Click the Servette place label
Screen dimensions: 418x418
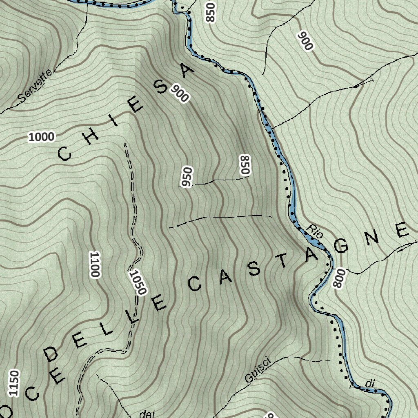click(36, 86)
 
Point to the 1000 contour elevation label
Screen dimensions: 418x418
click(41, 137)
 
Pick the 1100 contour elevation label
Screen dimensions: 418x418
click(94, 265)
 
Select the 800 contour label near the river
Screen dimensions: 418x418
click(338, 279)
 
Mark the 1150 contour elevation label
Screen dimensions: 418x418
click(15, 383)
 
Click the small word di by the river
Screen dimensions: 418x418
click(370, 384)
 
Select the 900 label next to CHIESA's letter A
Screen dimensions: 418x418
click(180, 93)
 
